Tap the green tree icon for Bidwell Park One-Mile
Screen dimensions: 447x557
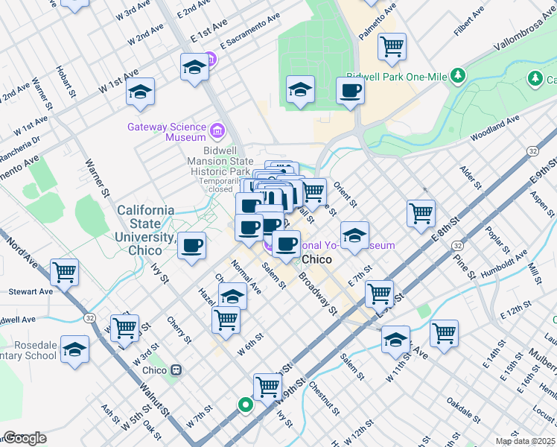pyautogui.click(x=456, y=75)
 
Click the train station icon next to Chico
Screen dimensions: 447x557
pyautogui.click(x=176, y=370)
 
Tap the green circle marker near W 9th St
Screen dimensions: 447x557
pyautogui.click(x=245, y=405)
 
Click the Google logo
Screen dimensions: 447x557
pyautogui.click(x=25, y=437)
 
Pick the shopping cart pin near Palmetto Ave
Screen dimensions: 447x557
pyautogui.click(x=392, y=48)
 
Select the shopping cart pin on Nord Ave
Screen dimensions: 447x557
pyautogui.click(x=65, y=273)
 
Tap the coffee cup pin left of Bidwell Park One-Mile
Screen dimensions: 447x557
pyautogui.click(x=350, y=92)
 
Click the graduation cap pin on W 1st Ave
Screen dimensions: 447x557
pyautogui.click(x=140, y=92)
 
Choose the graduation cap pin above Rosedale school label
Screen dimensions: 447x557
pyautogui.click(x=74, y=349)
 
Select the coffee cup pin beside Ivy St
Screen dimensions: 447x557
pyautogui.click(x=191, y=245)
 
